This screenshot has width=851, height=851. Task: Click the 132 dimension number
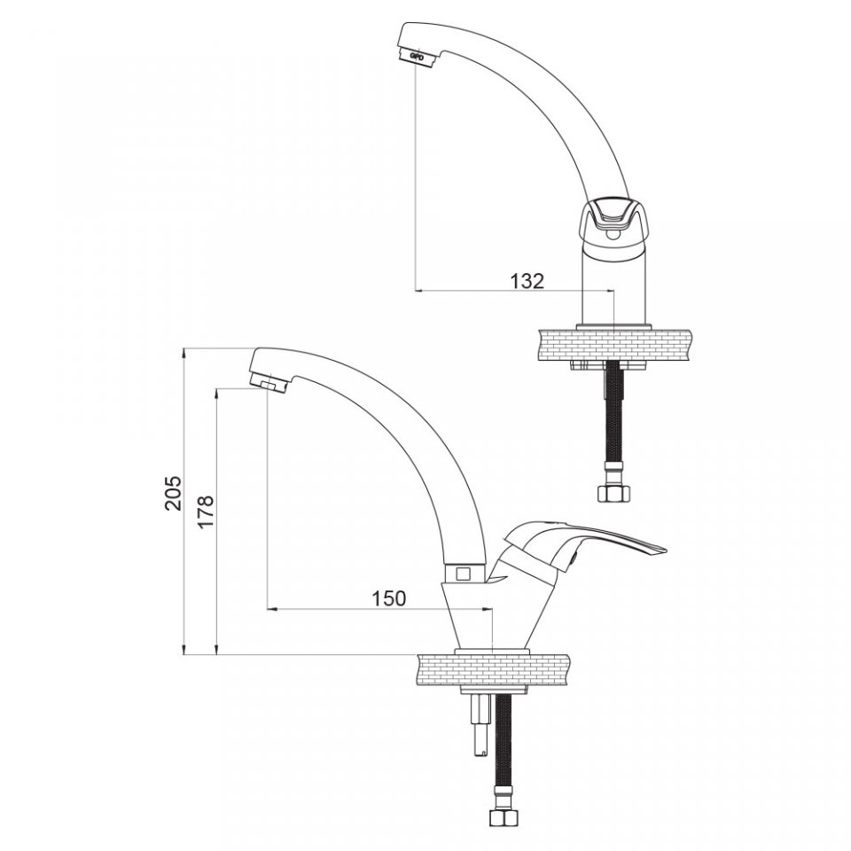click(527, 281)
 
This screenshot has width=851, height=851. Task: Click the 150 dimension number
click(388, 598)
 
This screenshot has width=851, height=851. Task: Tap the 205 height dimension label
click(174, 494)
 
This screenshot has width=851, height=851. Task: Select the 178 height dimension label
click(207, 511)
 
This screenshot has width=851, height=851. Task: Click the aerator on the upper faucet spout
click(418, 55)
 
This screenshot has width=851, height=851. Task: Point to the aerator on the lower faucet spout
click(269, 383)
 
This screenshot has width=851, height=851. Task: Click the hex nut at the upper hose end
click(613, 494)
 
